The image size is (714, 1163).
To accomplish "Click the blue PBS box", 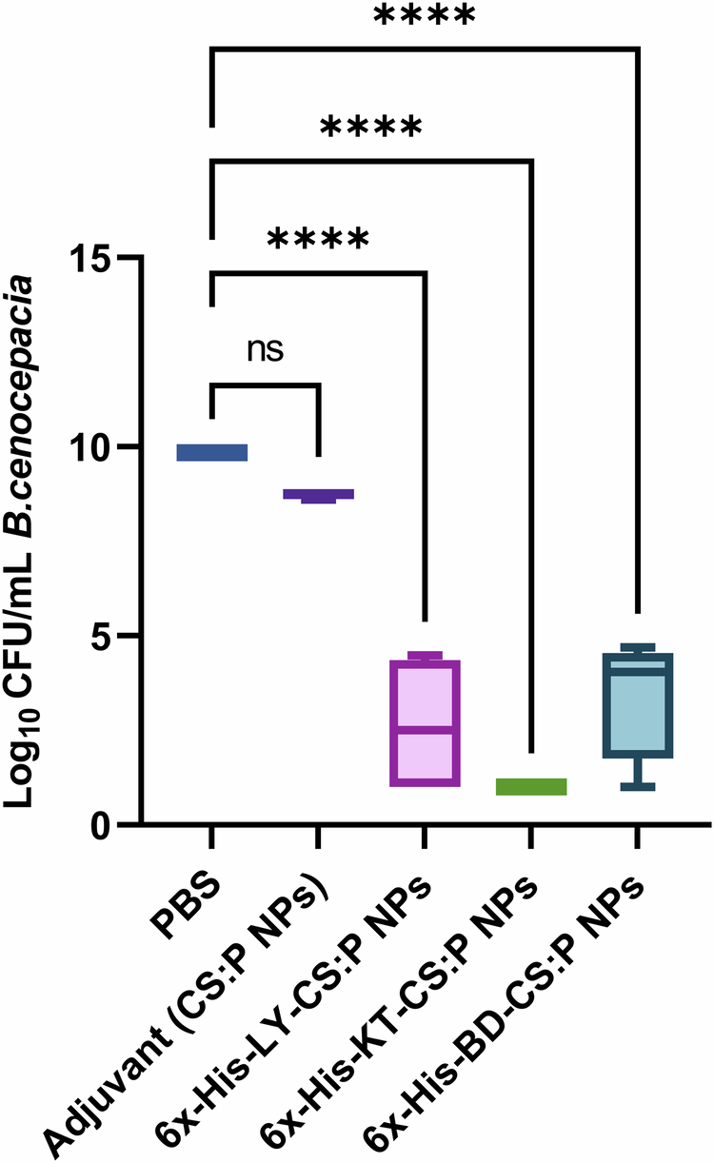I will point(211,452).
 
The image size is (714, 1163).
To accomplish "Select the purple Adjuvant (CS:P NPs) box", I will point(318,494).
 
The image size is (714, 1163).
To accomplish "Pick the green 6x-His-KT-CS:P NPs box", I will point(531,786).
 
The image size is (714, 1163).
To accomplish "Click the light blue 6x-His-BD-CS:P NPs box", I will point(638,705).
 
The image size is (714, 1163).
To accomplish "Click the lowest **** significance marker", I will point(318,239).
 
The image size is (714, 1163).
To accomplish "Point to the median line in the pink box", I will point(425,730).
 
